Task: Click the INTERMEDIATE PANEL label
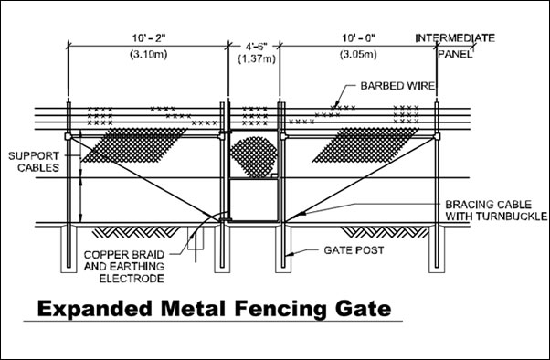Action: (455, 45)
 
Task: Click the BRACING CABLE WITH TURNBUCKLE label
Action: (495, 210)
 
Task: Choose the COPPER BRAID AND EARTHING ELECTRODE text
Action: (122, 265)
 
